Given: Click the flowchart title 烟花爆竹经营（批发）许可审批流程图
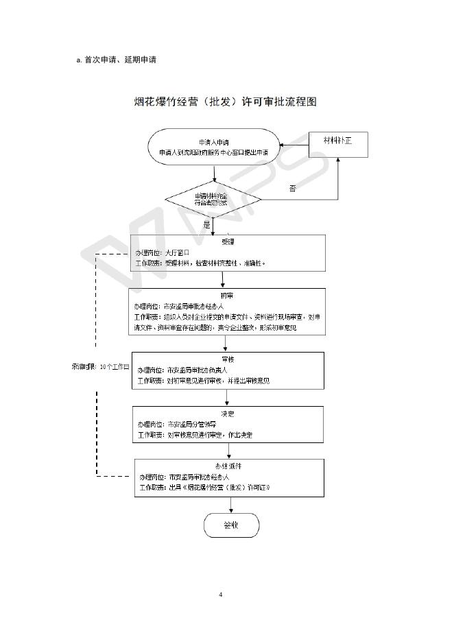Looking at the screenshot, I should pyautogui.click(x=225, y=102).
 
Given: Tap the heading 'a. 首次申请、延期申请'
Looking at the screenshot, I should pyautogui.click(x=116, y=60).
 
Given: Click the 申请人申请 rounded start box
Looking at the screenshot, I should pyautogui.click(x=213, y=147).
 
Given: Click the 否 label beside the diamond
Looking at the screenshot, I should pyautogui.click(x=292, y=187).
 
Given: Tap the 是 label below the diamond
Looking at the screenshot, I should pyautogui.click(x=207, y=224).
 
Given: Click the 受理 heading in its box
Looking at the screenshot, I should pyautogui.click(x=228, y=242).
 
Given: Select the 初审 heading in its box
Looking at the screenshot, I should pyautogui.click(x=228, y=295).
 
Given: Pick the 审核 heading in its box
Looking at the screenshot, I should pyautogui.click(x=228, y=359).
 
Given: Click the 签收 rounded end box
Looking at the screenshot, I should pyautogui.click(x=231, y=525).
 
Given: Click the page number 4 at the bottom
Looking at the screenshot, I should pyautogui.click(x=221, y=594).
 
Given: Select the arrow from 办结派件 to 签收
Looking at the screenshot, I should pyautogui.click(x=231, y=505).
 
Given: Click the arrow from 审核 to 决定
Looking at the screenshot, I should pyautogui.click(x=228, y=398).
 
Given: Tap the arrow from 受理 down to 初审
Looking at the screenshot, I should pyautogui.click(x=222, y=280).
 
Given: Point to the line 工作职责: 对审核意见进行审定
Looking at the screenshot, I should pyautogui.click(x=195, y=436).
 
